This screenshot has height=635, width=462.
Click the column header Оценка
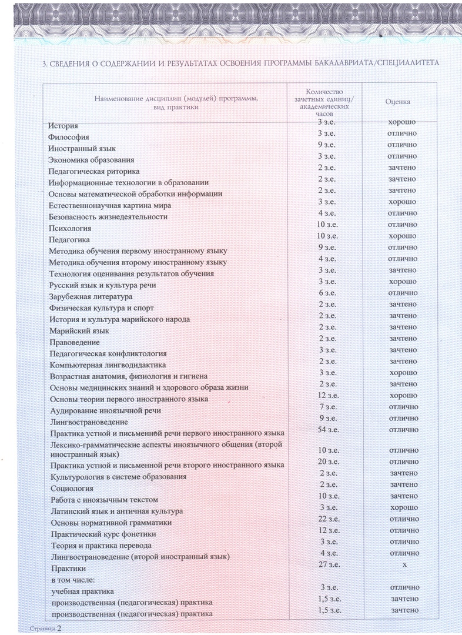click(x=398, y=102)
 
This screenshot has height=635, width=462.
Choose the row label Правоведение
click(x=74, y=342)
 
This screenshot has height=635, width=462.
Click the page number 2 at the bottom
click(x=59, y=629)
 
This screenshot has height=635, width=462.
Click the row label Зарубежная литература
click(x=91, y=296)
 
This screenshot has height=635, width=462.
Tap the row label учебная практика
click(x=83, y=591)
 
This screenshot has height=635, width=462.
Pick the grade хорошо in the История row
click(x=403, y=122)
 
